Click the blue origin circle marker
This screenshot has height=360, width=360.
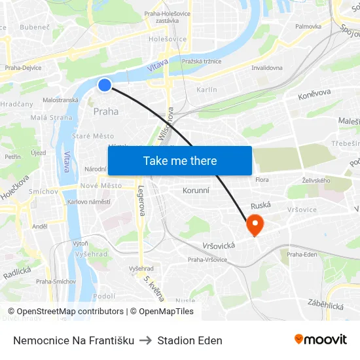pyautogui.click(x=105, y=84)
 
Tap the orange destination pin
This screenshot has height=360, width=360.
pyautogui.click(x=254, y=225)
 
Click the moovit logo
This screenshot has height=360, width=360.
pyautogui.click(x=320, y=340)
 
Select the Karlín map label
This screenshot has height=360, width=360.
pyautogui.click(x=206, y=89)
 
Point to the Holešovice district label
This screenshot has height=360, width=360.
pyautogui.click(x=168, y=39)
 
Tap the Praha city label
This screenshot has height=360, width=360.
pyautogui.click(x=106, y=111)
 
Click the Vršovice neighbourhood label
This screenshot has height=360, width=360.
pyautogui.click(x=302, y=209)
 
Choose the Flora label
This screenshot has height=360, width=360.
pyautogui.click(x=262, y=179)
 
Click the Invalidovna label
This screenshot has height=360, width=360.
pyautogui.click(x=267, y=67)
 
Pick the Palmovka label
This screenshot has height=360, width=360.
pyautogui.click(x=308, y=27)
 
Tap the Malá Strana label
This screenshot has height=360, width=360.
pyautogui.click(x=52, y=118)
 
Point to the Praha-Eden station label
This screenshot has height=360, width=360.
pyautogui.click(x=302, y=254)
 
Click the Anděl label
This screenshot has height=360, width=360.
pyautogui.click(x=40, y=226)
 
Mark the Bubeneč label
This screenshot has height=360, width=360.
pyautogui.click(x=35, y=27)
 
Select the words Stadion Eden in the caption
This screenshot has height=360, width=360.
pyautogui.click(x=190, y=340)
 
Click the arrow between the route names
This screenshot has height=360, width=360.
pyautogui.click(x=146, y=340)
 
